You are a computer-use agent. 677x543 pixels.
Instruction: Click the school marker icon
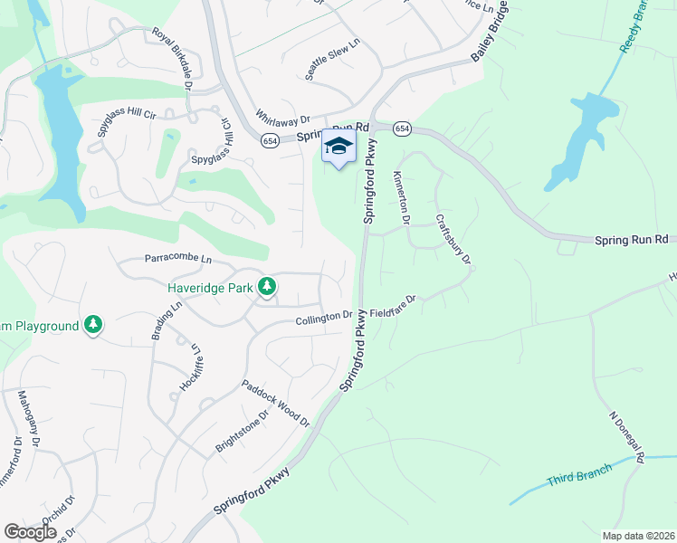coord(338,147)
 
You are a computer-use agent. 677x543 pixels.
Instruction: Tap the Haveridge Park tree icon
coord(266,288)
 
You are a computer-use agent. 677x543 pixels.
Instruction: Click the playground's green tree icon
coord(92,324)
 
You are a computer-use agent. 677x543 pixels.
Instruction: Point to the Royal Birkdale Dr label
coord(172,59)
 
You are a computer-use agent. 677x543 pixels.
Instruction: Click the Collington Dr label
coord(324,318)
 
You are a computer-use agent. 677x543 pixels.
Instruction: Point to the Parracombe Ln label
coord(177,260)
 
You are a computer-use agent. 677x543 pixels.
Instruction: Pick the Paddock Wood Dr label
coord(275,404)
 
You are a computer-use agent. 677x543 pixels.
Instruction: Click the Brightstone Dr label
coord(243,433)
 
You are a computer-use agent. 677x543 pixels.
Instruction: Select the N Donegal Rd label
coord(626,439)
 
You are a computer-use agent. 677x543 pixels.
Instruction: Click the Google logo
coord(30,532)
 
